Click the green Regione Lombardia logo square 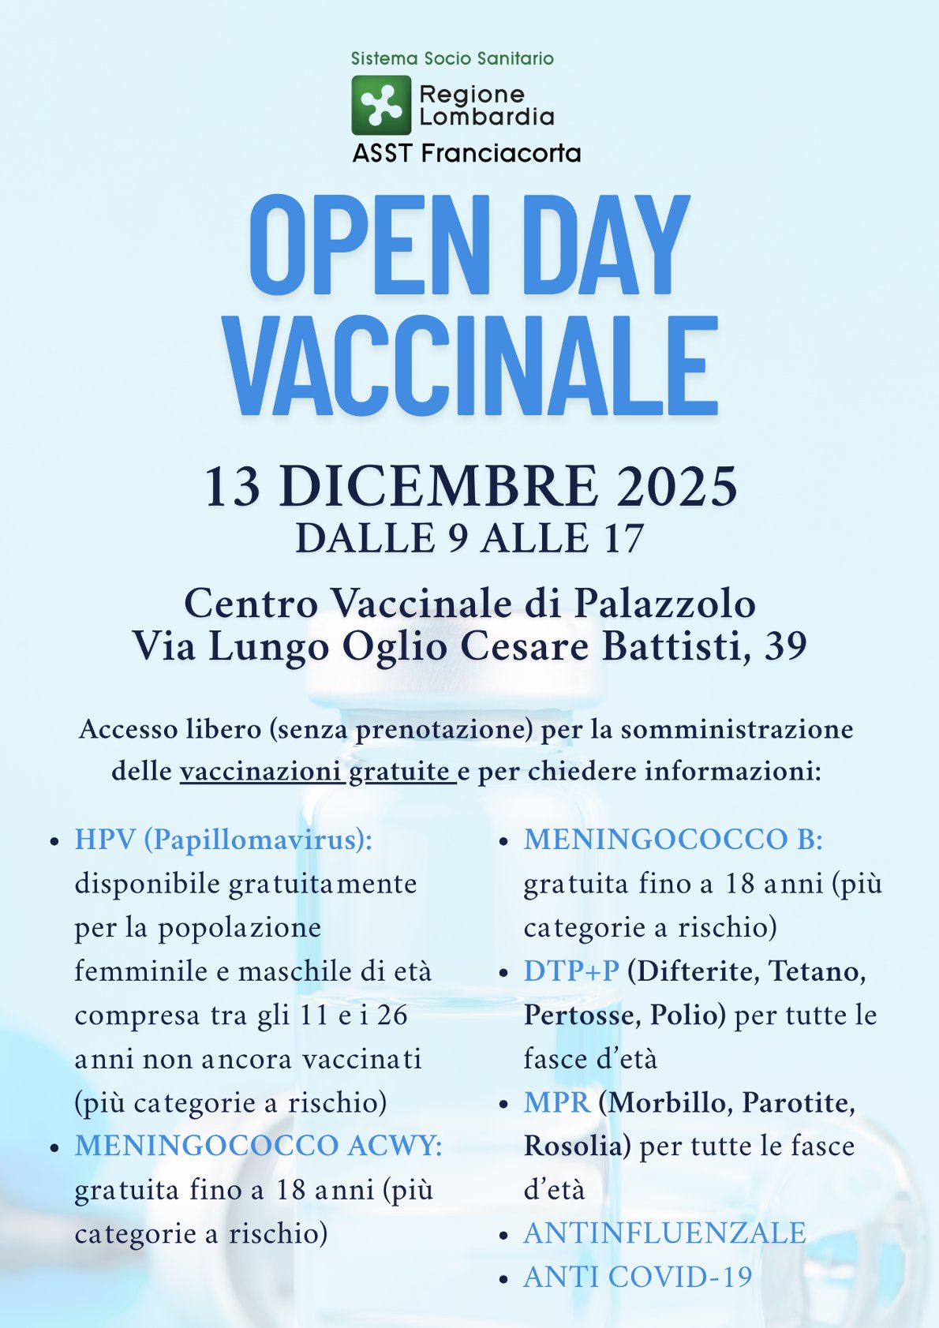point(381,105)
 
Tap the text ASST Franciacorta point(466,153)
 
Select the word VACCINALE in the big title point(471,366)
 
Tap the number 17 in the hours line point(623,538)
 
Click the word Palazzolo point(664,604)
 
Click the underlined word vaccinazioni point(260,771)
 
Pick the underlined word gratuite point(399,771)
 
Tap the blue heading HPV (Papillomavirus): point(223,840)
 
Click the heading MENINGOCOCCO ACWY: point(259,1146)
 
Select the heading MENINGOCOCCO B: point(673,840)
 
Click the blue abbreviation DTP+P point(571,971)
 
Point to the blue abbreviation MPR point(556,1102)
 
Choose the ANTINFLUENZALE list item point(664,1233)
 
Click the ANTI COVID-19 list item point(638,1277)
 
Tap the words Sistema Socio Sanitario point(452,58)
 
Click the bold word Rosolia point(574,1146)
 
